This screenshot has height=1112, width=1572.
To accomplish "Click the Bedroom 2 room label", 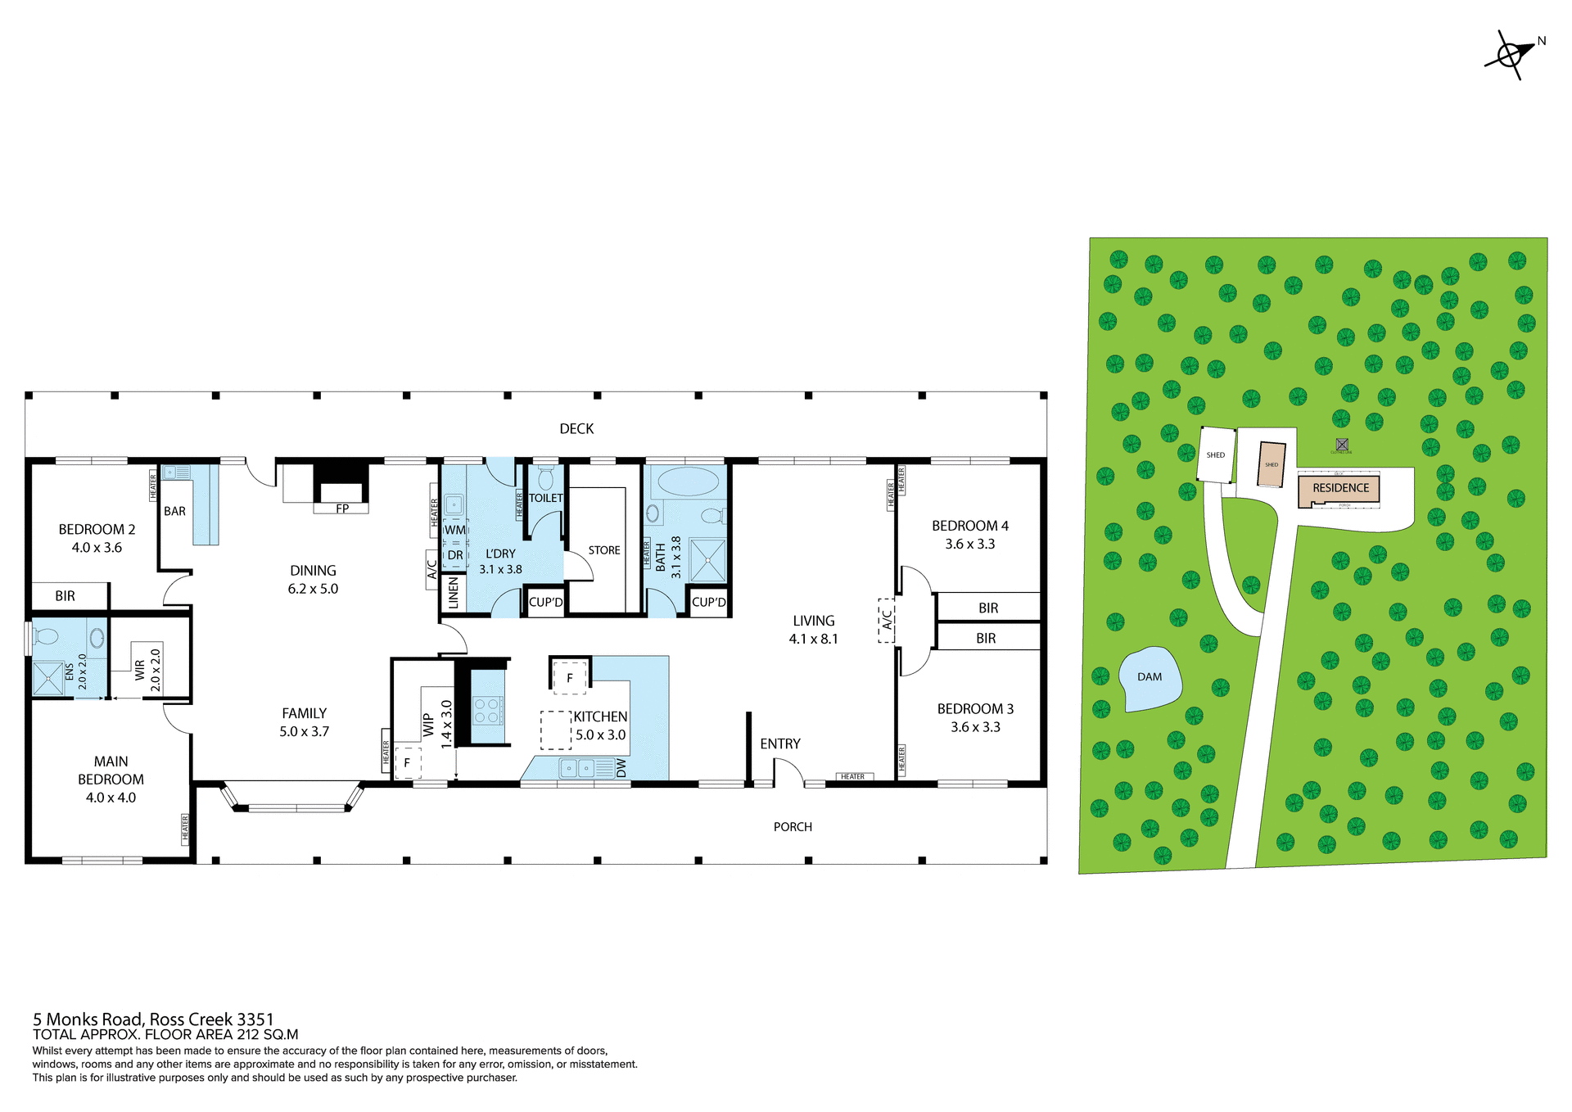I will point(97,530).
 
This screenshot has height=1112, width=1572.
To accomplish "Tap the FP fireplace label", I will point(342,509).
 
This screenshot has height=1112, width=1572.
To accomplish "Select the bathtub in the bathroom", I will point(687,481).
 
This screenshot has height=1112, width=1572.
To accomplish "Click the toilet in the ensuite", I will point(47,636).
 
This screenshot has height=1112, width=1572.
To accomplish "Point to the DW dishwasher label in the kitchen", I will point(621,768).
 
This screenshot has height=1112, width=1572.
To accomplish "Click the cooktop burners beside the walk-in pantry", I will point(487,710).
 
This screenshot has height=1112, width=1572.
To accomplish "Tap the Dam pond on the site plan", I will point(1150,678).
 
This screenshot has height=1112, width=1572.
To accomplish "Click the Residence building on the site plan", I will point(1340,488).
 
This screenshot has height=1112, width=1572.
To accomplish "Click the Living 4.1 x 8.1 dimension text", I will point(813,639).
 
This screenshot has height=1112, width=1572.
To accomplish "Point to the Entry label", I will point(779,744).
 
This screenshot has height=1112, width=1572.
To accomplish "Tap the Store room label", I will point(604,550).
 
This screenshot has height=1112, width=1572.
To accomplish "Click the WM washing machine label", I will point(454,530).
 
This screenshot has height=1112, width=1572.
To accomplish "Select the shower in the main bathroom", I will point(707,560).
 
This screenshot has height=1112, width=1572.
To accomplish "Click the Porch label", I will point(793,827).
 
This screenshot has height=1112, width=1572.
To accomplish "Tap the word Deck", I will point(576,429).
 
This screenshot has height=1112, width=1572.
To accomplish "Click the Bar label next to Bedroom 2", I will point(174,511).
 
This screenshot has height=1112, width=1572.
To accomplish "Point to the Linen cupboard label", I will point(454,593).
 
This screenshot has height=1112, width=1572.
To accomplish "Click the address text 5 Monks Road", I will point(153,1019).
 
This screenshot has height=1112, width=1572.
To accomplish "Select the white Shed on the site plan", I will point(1216,455).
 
